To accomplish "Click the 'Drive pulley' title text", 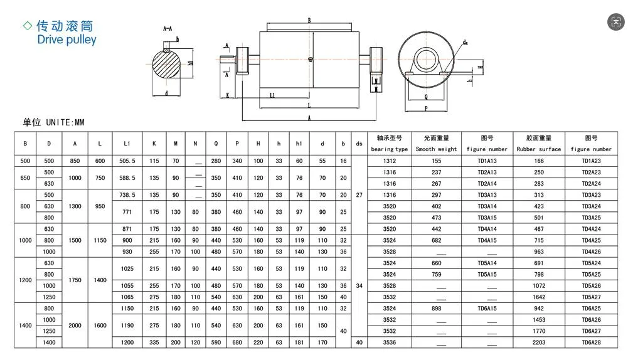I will pyautogui.click(x=66, y=40).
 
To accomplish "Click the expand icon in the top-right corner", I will pyautogui.click(x=615, y=22).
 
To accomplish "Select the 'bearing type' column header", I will pyautogui.click(x=389, y=149).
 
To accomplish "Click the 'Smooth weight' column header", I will pyautogui.click(x=436, y=149).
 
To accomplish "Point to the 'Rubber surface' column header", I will pyautogui.click(x=538, y=149).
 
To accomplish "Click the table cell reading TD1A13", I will pyautogui.click(x=487, y=161).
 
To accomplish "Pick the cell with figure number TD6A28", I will pyautogui.click(x=590, y=342).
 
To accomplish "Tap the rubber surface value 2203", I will pyautogui.click(x=538, y=342).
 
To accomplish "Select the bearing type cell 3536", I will pyautogui.click(x=389, y=342).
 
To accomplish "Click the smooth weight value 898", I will pyautogui.click(x=436, y=309).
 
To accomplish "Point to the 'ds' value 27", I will pyautogui.click(x=359, y=195).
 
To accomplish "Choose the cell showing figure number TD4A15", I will pyautogui.click(x=487, y=240).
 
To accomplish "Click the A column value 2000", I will pyautogui.click(x=75, y=326).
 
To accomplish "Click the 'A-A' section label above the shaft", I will pyautogui.click(x=168, y=29).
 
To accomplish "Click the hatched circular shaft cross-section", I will pyautogui.click(x=168, y=65).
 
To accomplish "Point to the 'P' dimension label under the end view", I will pyautogui.click(x=426, y=108).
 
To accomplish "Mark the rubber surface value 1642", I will pyautogui.click(x=538, y=297).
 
